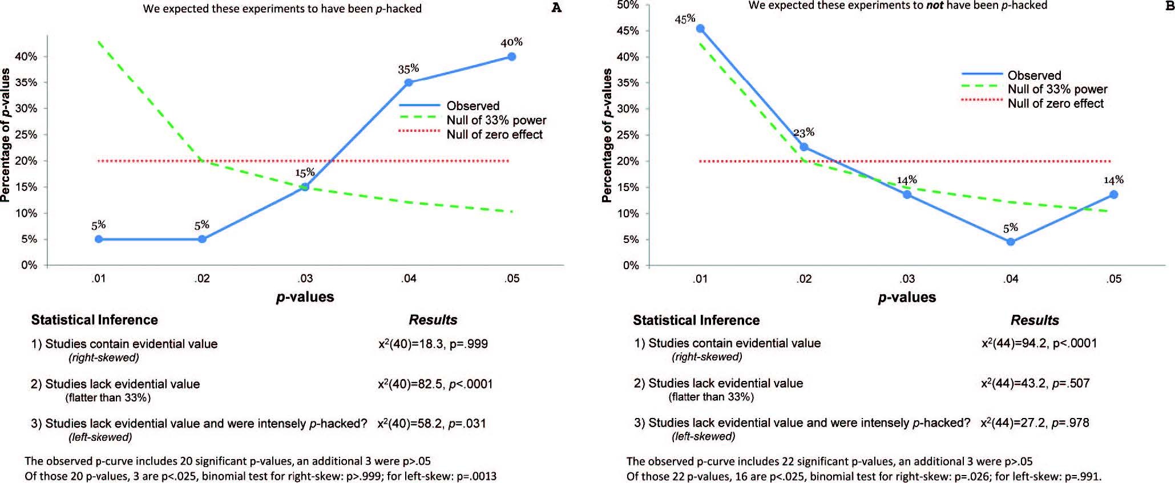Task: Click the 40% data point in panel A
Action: point(512,56)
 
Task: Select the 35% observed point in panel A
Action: point(409,83)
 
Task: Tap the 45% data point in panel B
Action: point(700,29)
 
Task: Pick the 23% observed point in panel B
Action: point(804,147)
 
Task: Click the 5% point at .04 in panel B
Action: point(1011,242)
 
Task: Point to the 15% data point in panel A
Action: point(305,187)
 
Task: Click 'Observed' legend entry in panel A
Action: point(473,105)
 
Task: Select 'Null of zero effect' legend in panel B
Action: point(1055,103)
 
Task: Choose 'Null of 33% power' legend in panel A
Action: point(496,120)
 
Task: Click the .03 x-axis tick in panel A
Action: point(305,278)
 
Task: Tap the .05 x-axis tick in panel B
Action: point(1114,279)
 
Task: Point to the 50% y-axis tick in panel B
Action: point(627,5)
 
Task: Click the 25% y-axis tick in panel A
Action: point(26,135)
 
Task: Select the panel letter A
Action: point(556,7)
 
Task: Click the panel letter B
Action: point(1169,5)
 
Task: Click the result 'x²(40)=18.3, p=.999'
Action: point(433,344)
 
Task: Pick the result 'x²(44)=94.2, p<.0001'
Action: point(1039,343)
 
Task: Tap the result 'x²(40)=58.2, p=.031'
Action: point(431,423)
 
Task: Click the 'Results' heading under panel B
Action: point(1035,320)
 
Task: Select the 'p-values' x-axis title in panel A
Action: point(305,297)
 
